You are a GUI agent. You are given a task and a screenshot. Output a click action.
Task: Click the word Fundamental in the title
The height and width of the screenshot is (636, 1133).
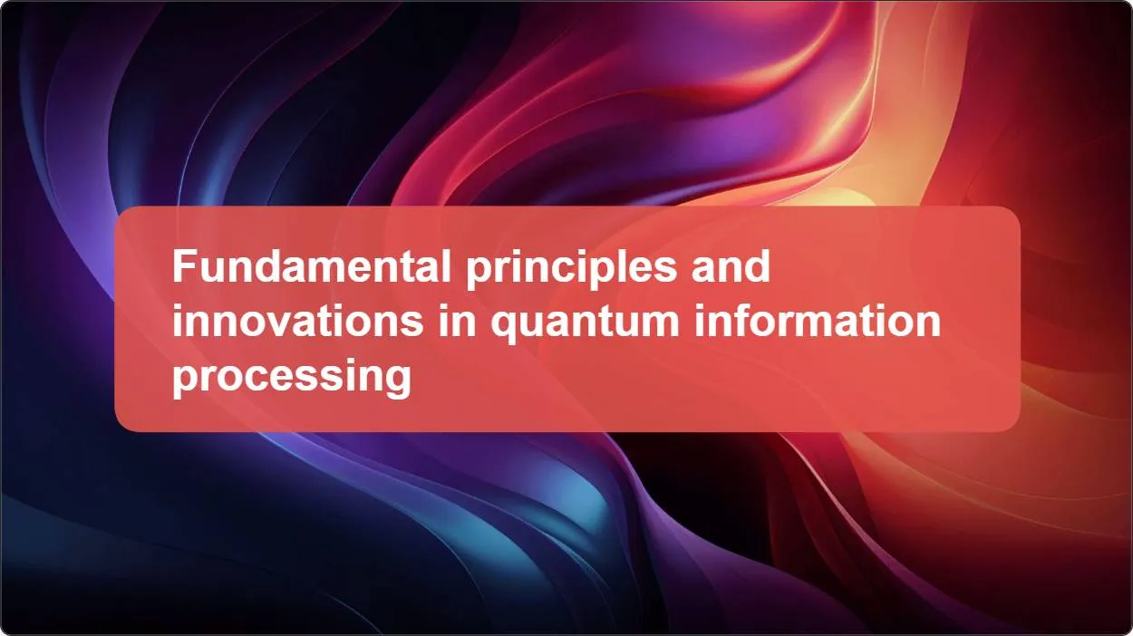click(x=310, y=267)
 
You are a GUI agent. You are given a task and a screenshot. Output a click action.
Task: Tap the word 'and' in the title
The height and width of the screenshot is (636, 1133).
click(x=731, y=267)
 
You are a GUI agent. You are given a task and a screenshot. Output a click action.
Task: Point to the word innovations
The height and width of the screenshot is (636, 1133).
click(x=297, y=322)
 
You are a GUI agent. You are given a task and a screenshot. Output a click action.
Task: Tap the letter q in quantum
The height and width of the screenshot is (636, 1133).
click(x=504, y=326)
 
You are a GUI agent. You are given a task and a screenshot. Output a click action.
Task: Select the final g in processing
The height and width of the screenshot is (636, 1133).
click(x=398, y=381)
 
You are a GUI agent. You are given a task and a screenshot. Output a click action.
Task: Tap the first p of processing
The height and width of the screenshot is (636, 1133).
click(x=185, y=381)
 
